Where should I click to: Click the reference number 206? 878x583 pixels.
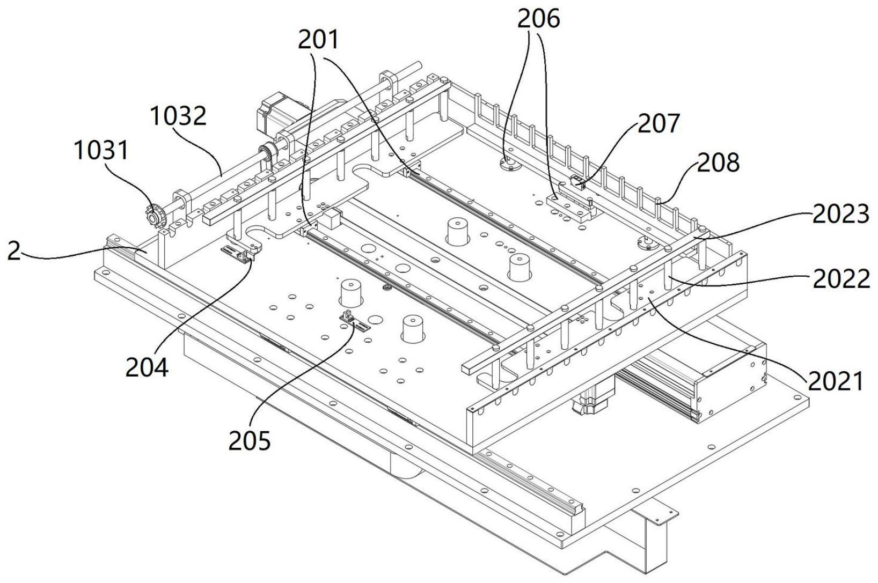[x=539, y=19]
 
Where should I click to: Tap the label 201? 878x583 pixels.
[x=318, y=40]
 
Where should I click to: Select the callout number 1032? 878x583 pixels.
[x=178, y=116]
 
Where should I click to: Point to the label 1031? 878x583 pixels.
[x=101, y=151]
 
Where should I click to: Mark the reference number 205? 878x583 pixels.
[x=250, y=441]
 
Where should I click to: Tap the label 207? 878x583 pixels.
[x=658, y=123]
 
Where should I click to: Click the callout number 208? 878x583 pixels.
[x=718, y=162]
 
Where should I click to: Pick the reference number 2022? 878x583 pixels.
[x=842, y=280]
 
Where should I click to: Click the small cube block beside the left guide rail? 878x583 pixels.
[x=332, y=219]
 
